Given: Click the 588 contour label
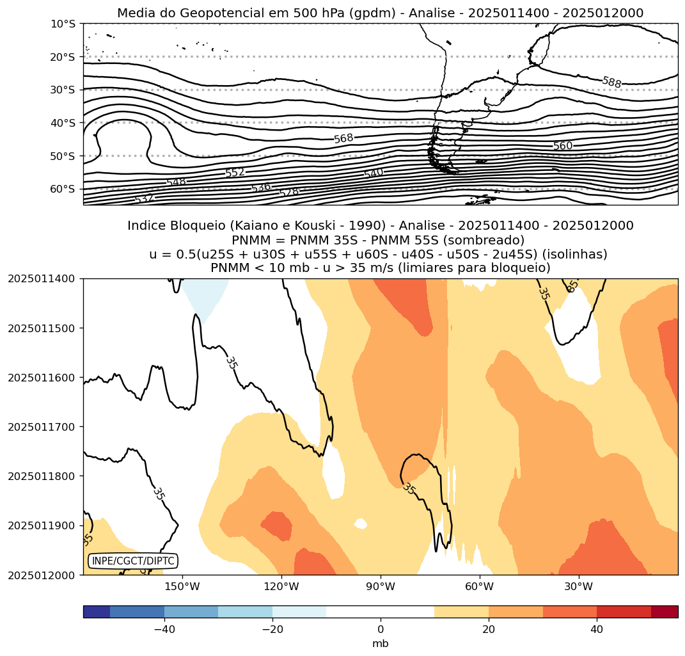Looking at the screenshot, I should pyautogui.click(x=611, y=82).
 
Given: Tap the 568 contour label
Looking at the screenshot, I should pyautogui.click(x=343, y=138).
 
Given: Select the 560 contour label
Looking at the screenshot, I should pyautogui.click(x=563, y=146).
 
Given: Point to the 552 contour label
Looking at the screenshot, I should pyautogui.click(x=235, y=173).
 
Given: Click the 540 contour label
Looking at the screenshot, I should pyautogui.click(x=374, y=173).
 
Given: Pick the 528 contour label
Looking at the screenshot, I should pyautogui.click(x=289, y=192).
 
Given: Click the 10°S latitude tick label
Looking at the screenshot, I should pyautogui.click(x=63, y=24).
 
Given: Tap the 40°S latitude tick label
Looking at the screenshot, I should pyautogui.click(x=63, y=123).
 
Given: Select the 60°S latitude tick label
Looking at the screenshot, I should pyautogui.click(x=63, y=189).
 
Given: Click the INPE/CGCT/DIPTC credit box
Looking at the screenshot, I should pyautogui.click(x=132, y=561).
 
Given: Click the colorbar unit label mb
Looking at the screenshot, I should pyautogui.click(x=381, y=644).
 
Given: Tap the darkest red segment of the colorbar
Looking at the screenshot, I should pyautogui.click(x=665, y=612).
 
